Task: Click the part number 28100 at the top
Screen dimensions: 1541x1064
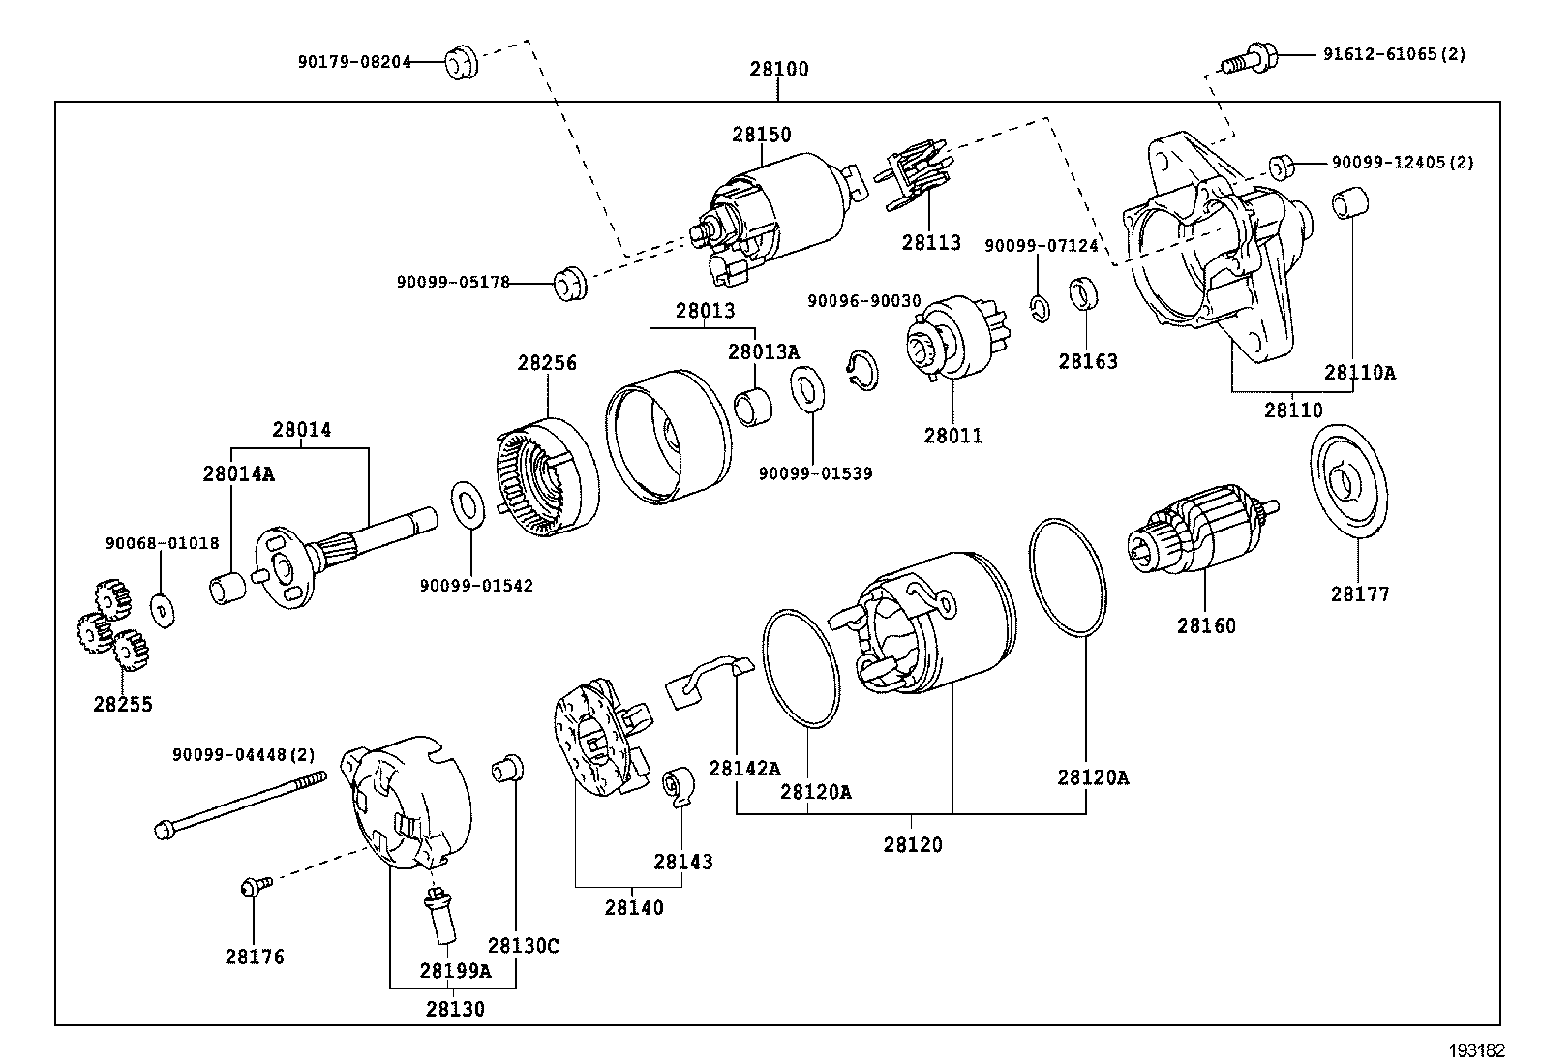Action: tap(779, 70)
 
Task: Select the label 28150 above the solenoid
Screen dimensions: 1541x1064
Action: tap(762, 135)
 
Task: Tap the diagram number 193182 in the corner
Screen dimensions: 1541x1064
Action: tap(1477, 1050)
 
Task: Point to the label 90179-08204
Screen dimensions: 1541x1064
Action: tap(354, 62)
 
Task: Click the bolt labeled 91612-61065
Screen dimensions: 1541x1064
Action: tap(1249, 60)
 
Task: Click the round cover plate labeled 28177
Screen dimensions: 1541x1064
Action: tap(1348, 481)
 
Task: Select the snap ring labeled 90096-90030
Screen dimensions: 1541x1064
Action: tap(862, 370)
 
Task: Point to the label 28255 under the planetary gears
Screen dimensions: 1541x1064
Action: tap(123, 704)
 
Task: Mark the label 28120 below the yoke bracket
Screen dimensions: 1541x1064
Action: tap(913, 844)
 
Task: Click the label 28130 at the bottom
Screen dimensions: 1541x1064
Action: tap(455, 1009)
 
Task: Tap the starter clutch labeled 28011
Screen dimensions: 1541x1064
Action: tap(958, 337)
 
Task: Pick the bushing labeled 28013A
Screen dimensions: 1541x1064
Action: tap(753, 408)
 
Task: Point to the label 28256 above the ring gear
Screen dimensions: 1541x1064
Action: tap(547, 363)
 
